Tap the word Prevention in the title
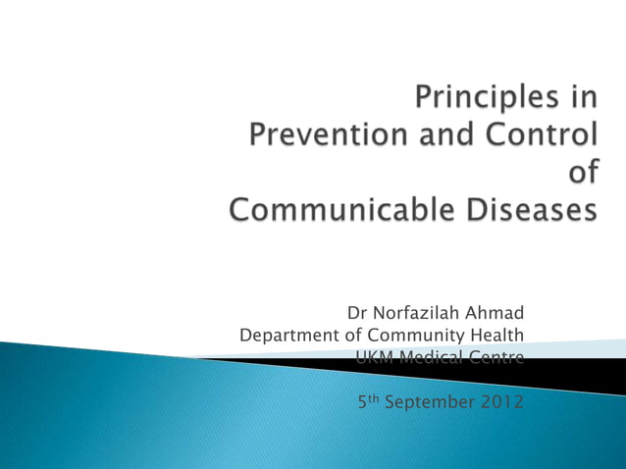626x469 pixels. (x=322, y=136)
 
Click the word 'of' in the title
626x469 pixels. (x=584, y=173)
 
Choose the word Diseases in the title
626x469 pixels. (x=525, y=209)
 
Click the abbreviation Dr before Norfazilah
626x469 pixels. (x=357, y=314)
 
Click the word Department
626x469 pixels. (x=289, y=336)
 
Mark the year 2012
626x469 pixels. (x=502, y=401)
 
